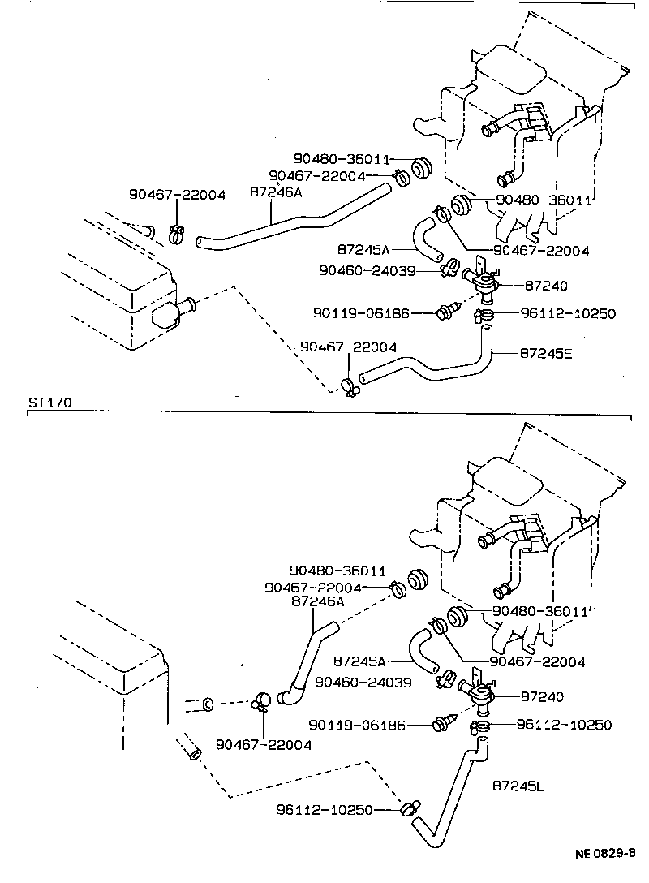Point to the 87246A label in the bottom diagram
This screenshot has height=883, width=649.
[x=318, y=601]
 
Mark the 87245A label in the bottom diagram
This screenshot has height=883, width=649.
[x=362, y=661]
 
